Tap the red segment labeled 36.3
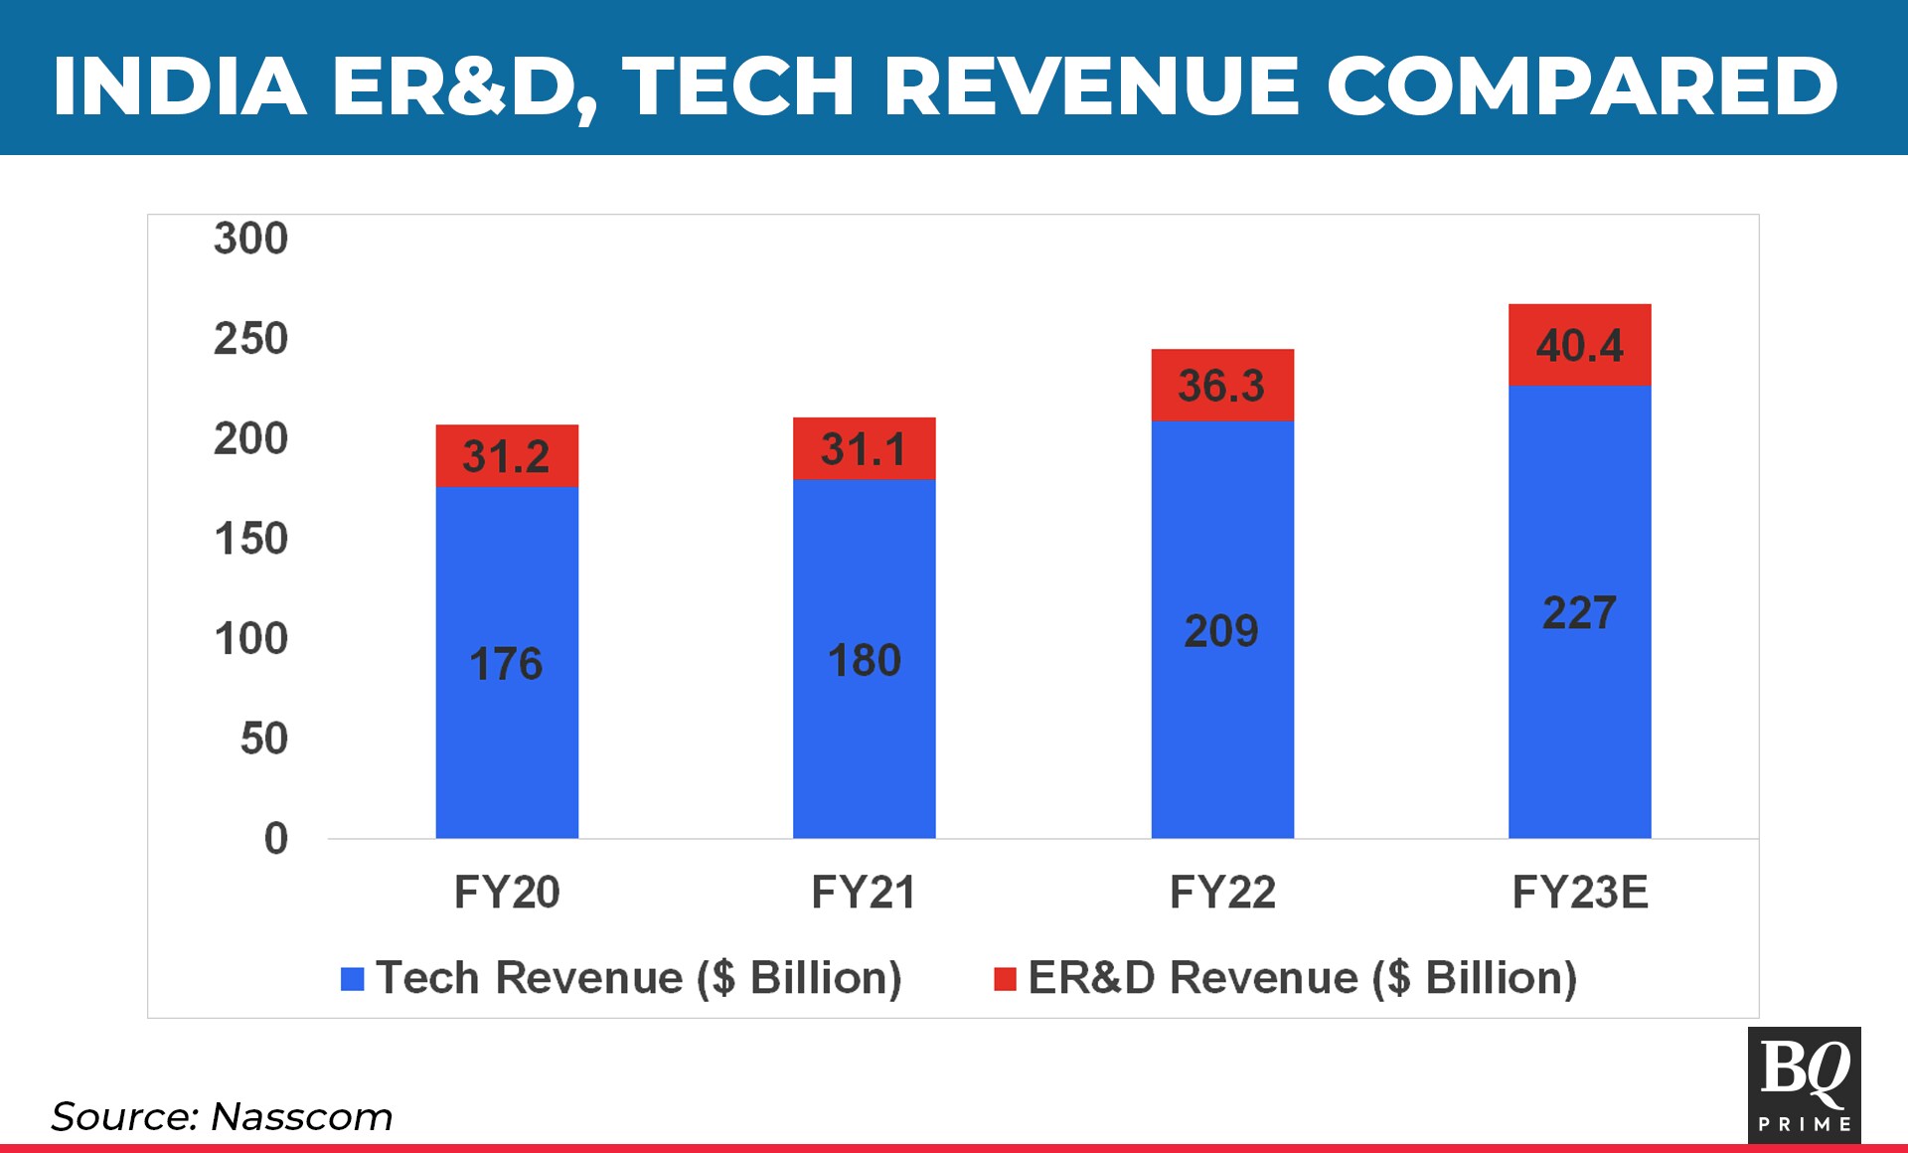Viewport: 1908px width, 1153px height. click(x=1221, y=386)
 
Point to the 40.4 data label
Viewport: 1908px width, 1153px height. click(x=1579, y=346)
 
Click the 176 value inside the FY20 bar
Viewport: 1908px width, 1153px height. click(x=506, y=664)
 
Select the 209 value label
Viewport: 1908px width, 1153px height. click(x=1221, y=631)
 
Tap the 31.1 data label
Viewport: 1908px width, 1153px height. click(x=864, y=449)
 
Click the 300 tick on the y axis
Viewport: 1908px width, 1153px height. click(x=250, y=239)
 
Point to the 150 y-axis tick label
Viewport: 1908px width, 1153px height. click(x=250, y=539)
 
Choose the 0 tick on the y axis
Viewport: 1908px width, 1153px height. click(x=276, y=839)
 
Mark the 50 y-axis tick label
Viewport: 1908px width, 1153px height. click(x=263, y=739)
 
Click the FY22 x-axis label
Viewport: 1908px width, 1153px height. click(x=1221, y=892)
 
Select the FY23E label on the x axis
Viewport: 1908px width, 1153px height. click(x=1579, y=892)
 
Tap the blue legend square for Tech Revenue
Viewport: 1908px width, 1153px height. click(x=353, y=979)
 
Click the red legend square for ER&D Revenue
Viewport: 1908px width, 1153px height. click(x=1005, y=979)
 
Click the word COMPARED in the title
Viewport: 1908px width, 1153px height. click(x=1581, y=85)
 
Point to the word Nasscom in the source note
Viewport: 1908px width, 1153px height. click(x=301, y=1116)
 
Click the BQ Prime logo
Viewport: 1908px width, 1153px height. click(x=1804, y=1084)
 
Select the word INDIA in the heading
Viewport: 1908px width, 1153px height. click(x=179, y=85)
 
